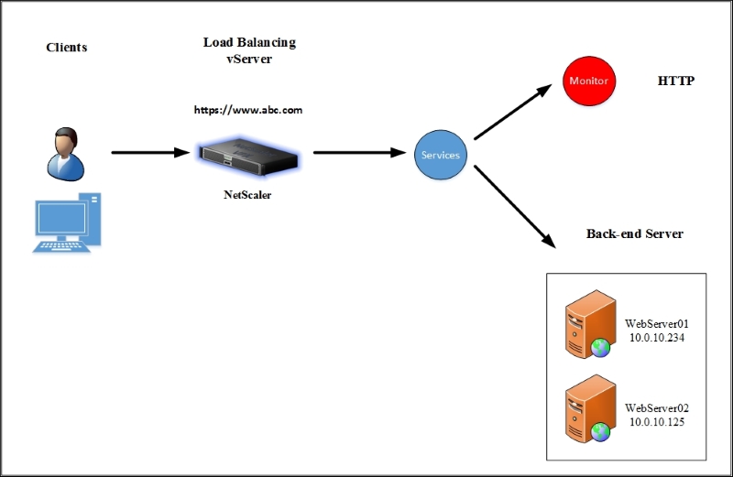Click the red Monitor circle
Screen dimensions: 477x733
(x=588, y=81)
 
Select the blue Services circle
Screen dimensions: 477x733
(x=440, y=155)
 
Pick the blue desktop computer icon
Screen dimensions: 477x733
(x=67, y=222)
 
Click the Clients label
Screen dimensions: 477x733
(x=66, y=47)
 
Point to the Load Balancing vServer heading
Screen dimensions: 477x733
(x=248, y=49)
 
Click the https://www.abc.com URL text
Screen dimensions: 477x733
(x=248, y=110)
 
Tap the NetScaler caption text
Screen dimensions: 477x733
(x=248, y=194)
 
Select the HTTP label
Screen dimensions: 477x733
(x=676, y=81)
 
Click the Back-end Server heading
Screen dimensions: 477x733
(x=634, y=233)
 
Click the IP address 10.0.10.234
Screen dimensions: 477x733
(x=656, y=338)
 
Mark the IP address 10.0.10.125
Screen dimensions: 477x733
(x=656, y=422)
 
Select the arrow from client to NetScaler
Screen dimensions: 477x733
(x=149, y=153)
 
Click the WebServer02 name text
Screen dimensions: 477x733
(x=656, y=407)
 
